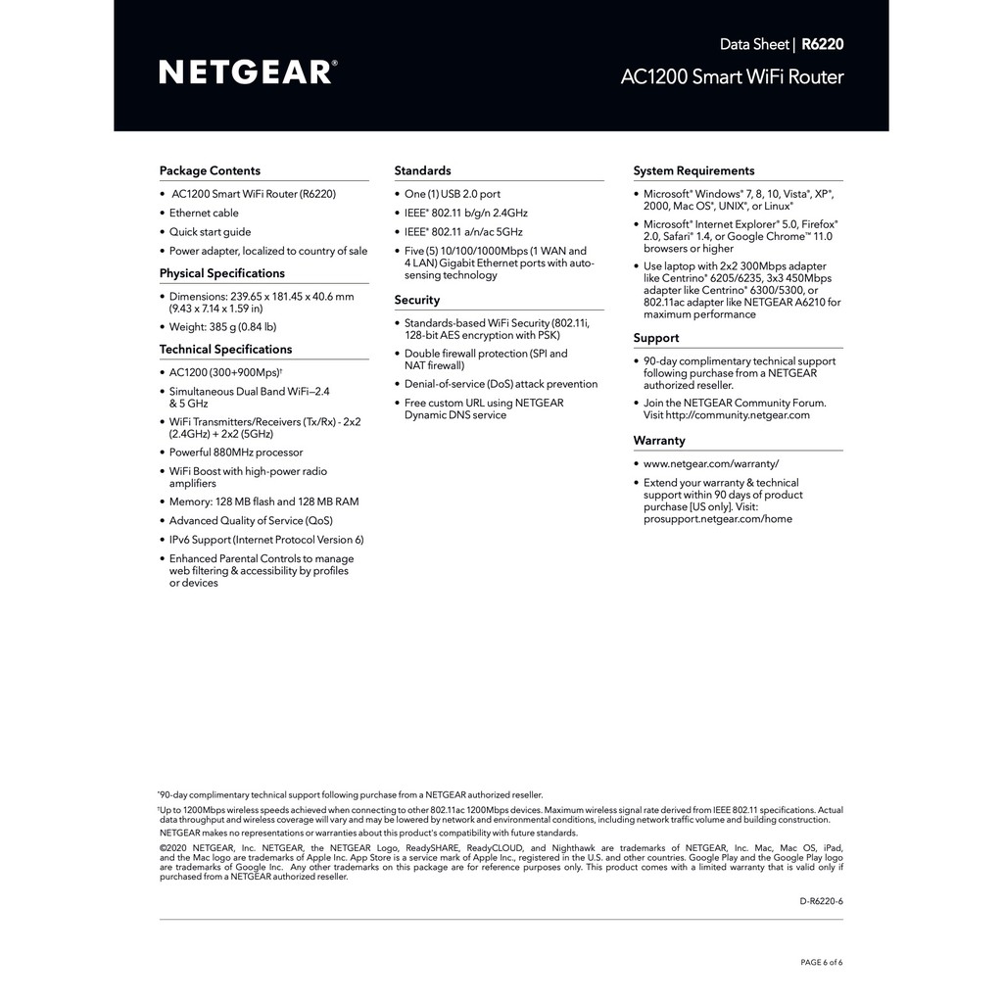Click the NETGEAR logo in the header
click(248, 72)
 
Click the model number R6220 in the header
click(822, 44)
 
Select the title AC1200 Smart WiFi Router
click(732, 77)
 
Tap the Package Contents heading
click(210, 170)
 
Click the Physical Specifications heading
click(221, 273)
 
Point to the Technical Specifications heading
click(225, 349)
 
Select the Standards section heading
click(422, 170)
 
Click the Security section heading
click(416, 300)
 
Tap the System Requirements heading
click(693, 170)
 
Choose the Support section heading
click(655, 338)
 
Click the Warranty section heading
click(659, 441)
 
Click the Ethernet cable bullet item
click(204, 213)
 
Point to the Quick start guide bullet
click(210, 232)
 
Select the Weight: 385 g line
click(222, 327)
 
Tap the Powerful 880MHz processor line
click(236, 453)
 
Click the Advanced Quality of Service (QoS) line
click(251, 521)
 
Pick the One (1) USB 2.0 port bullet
click(452, 194)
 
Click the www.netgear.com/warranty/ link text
click(711, 464)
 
